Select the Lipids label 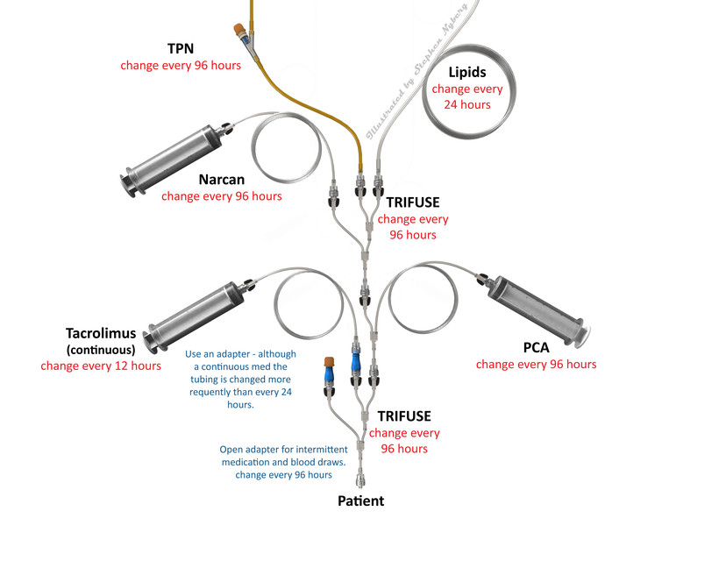click(x=467, y=72)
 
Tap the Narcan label click(x=221, y=180)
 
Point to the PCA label click(x=536, y=347)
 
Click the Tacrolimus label click(x=101, y=333)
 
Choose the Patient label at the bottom click(x=360, y=501)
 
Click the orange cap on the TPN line click(x=238, y=32)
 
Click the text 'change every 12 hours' click(x=101, y=366)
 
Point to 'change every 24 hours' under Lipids click(x=467, y=97)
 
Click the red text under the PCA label click(x=536, y=364)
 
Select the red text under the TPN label click(x=181, y=66)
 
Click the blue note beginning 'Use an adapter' click(x=240, y=380)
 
